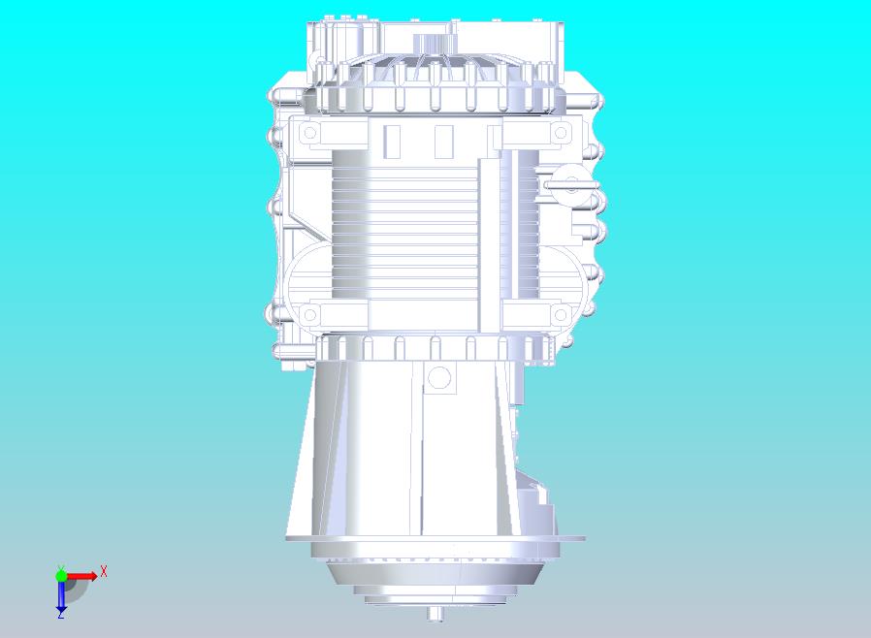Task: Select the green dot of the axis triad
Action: [61, 575]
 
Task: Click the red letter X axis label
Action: [104, 571]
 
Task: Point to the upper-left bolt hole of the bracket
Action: [309, 133]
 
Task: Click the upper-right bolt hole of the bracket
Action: [561, 133]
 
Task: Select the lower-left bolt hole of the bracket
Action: [309, 315]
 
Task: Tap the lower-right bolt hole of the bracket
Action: [561, 315]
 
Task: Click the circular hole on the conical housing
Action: [439, 377]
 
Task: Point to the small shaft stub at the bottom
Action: [436, 614]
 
